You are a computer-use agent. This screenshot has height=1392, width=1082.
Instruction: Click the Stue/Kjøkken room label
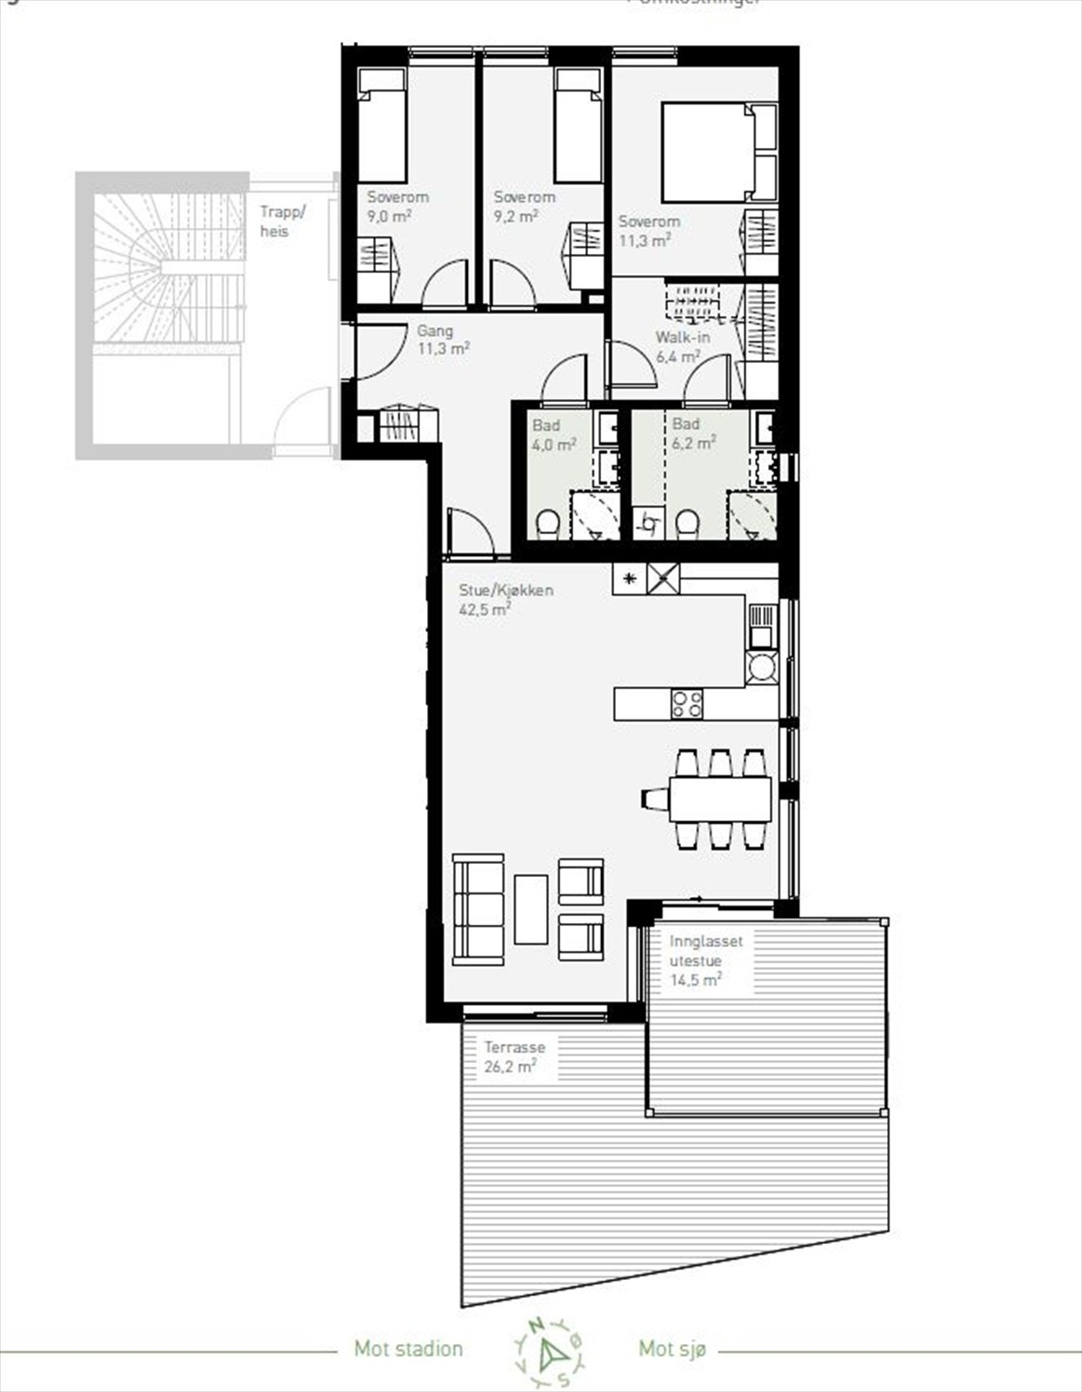tap(505, 591)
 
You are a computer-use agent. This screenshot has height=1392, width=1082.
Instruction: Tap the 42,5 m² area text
tap(484, 610)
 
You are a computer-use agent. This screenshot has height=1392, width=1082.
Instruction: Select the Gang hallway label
tap(435, 331)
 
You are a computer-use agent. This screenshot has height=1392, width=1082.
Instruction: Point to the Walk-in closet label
tap(682, 338)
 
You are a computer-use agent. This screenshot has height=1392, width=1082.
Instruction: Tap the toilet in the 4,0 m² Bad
tap(547, 524)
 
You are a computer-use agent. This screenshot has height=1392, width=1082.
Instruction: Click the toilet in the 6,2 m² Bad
tap(687, 523)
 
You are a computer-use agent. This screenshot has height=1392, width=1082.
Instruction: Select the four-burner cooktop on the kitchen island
tap(686, 703)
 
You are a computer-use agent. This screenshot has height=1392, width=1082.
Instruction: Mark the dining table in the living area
tap(720, 799)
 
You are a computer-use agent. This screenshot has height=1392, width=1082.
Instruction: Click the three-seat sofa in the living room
tap(478, 909)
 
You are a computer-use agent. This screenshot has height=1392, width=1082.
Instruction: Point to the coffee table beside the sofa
tap(531, 909)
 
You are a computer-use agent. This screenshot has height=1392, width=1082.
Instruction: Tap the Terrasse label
tap(514, 1048)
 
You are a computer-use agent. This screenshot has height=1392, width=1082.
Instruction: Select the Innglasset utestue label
tap(705, 951)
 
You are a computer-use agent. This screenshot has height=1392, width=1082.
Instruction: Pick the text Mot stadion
tap(408, 1349)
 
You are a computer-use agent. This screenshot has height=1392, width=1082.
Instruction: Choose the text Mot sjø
tap(672, 1349)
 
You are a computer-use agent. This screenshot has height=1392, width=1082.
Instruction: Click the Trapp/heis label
tap(283, 222)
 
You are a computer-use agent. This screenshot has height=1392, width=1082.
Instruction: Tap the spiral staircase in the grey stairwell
tap(170, 261)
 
